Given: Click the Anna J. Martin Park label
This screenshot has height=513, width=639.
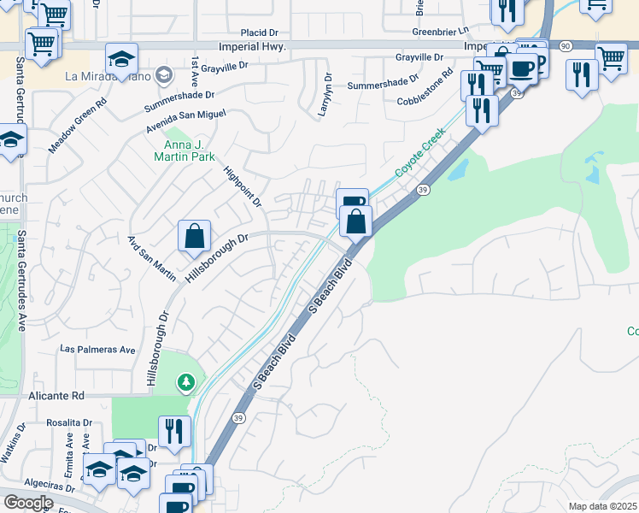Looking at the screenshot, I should [185, 150].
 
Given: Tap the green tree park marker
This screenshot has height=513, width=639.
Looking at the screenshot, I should [186, 382].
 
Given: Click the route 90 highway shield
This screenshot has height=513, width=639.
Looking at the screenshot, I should [566, 44].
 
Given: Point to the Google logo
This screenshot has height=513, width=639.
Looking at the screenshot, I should [27, 503].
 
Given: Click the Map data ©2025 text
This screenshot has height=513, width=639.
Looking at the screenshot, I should [601, 506].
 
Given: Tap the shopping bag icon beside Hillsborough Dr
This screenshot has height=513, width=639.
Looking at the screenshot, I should [194, 236].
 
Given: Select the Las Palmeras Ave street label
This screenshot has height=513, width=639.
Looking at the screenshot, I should [97, 350].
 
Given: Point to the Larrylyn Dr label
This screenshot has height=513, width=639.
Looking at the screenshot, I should [327, 94].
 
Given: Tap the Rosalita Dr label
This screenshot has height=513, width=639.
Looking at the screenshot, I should [69, 422].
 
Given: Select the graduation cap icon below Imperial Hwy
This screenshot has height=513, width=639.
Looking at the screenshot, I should [122, 60].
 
